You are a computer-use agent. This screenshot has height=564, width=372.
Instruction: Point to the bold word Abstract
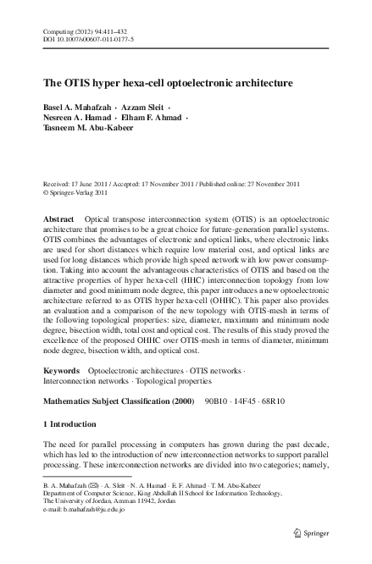click(x=58, y=219)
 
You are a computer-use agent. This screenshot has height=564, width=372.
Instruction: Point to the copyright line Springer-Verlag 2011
click(x=83, y=192)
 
